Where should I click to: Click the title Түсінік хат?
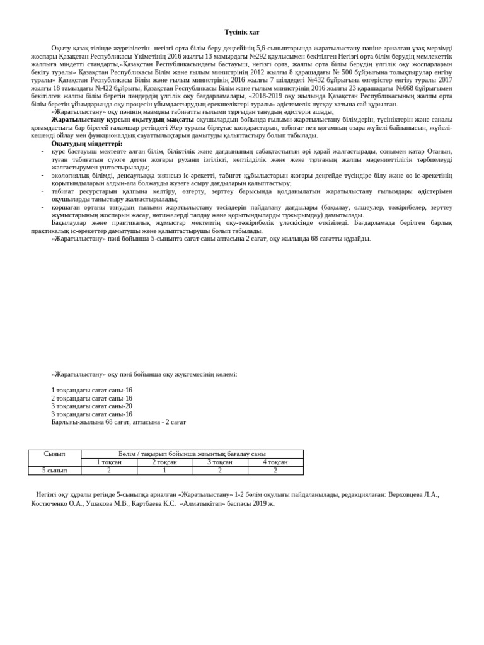tap(242, 32)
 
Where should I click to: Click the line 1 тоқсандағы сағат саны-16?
tap(91, 391)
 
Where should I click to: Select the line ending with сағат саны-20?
tap(91, 406)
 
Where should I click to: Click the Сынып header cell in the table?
tap(55, 454)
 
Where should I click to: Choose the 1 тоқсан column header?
tap(108, 462)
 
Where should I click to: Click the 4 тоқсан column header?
tap(275, 462)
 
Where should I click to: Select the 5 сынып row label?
tap(55, 471)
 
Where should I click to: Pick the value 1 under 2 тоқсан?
tap(164, 471)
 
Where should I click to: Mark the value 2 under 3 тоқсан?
tap(219, 471)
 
